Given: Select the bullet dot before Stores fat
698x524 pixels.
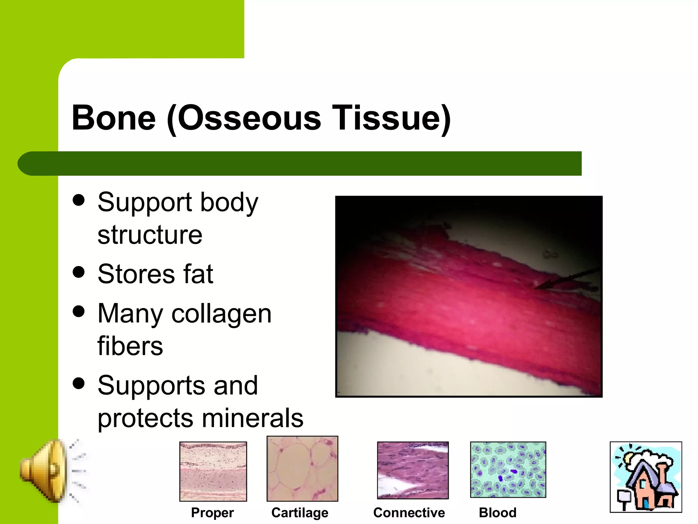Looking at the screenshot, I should (79, 272).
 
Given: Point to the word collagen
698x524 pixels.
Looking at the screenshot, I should (222, 314).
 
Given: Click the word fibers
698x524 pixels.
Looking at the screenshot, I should (130, 346).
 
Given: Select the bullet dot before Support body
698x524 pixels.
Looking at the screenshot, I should (79, 200).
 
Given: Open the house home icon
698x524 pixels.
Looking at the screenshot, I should (646, 477).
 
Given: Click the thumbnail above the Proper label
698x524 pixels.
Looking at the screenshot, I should (213, 471).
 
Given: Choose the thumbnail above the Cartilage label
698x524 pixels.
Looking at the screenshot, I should (302, 469).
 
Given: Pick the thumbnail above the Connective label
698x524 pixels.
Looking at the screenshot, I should (413, 470).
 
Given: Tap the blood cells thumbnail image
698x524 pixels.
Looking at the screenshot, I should (508, 470).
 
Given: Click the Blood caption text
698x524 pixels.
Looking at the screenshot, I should (498, 513).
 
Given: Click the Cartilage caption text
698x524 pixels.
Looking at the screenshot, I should (300, 513).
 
